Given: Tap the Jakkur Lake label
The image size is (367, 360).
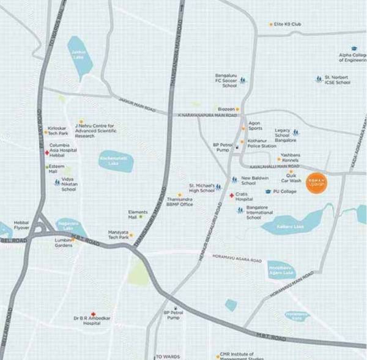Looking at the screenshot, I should pos(78,54).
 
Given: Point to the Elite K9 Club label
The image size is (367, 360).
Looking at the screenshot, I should pos(288,24).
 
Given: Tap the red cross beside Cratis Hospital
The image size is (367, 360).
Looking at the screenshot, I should pos(231,196).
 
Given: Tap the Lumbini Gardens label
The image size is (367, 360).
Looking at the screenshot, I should pos(64,243).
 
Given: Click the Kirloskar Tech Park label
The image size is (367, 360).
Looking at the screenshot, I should pos(58,131).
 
